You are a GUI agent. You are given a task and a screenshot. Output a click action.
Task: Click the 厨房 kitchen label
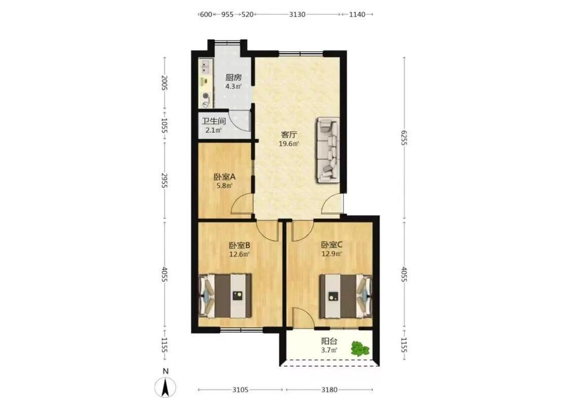(x=233, y=77)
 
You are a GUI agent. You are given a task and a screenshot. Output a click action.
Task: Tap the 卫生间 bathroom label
(x=214, y=121)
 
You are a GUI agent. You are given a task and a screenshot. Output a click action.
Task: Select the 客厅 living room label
(x=289, y=135)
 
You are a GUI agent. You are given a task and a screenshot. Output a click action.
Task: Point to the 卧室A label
(x=225, y=177)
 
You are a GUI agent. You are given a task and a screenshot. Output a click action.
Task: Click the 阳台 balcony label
(x=329, y=341)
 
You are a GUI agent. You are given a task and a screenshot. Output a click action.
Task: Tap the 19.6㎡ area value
(x=289, y=144)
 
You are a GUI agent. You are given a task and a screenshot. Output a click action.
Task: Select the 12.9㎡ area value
(x=331, y=254)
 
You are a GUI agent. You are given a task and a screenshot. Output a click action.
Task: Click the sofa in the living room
(x=328, y=150)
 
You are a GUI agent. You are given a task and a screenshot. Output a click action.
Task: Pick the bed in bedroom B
(x=225, y=295)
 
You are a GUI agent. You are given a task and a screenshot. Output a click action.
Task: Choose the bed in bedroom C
(x=346, y=296)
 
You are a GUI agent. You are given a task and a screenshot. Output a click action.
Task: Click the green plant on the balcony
(x=360, y=348)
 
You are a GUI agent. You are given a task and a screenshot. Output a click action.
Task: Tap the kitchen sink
(x=206, y=66)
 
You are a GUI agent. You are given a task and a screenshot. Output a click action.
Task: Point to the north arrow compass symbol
(x=165, y=387)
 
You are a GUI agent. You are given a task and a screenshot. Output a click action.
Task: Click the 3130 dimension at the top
(x=297, y=15)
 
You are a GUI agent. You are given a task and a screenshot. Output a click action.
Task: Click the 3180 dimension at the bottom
(x=329, y=390)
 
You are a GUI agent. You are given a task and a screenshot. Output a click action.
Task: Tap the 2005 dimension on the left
(x=164, y=83)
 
